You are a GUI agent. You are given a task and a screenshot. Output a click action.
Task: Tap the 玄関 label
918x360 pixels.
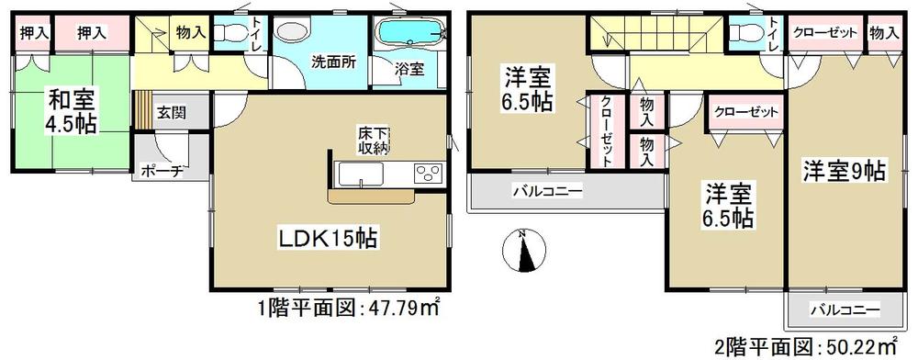(x=172, y=113)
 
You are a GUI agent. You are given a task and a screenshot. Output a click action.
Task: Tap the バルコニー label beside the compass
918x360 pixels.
(x=547, y=191)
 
